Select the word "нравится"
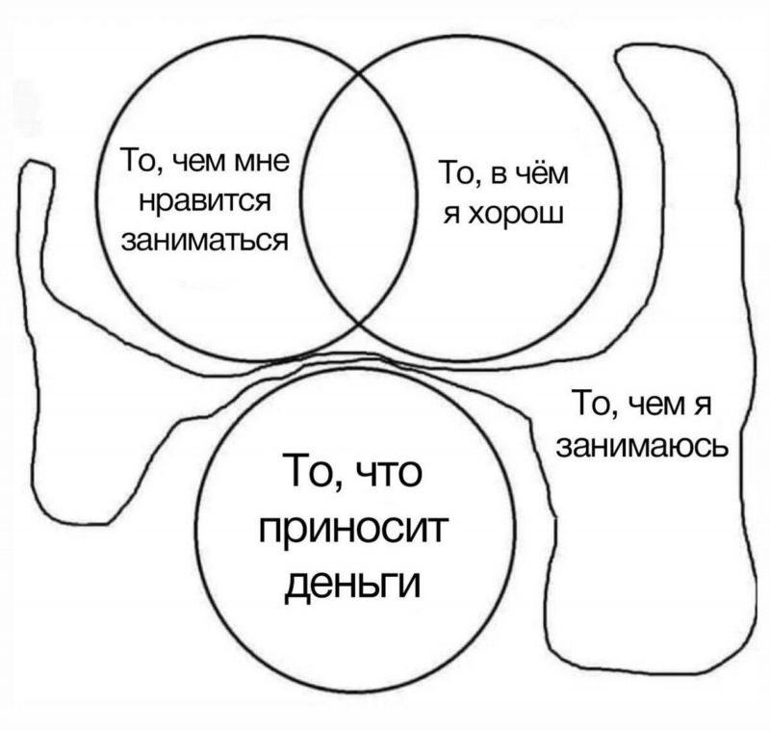pos(205,201)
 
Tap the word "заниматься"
pos(204,241)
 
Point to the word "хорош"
pos(516,215)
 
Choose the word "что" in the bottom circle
pos(388,473)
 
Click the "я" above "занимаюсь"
pos(703,406)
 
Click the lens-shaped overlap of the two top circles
pos(359,197)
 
